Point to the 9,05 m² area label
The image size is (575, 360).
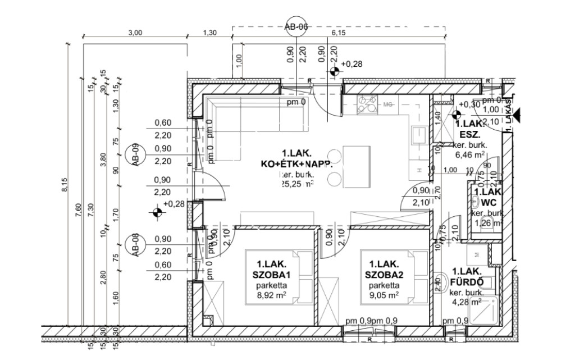coord(384,294)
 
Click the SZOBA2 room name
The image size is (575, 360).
coord(384,275)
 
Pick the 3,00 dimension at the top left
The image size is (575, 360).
coord(135,33)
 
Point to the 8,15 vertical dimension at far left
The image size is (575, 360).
coord(65,185)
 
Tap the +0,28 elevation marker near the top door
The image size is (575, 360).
coord(335,71)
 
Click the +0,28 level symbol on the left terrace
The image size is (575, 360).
coord(157,212)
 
